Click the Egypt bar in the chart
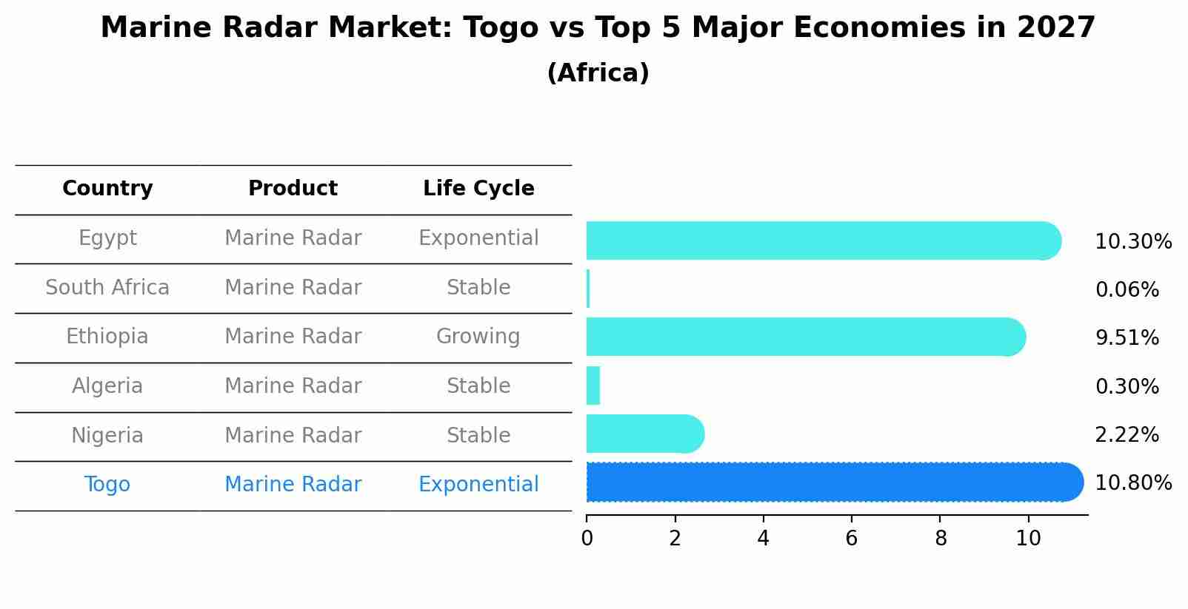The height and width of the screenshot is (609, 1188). click(822, 240)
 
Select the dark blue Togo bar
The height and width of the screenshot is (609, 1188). click(833, 482)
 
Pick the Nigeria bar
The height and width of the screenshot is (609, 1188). click(644, 434)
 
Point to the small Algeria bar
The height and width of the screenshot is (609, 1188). click(593, 386)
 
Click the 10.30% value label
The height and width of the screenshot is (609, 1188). click(1132, 242)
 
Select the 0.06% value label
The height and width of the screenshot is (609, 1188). click(1127, 290)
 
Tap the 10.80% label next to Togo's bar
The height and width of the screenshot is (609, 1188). click(1132, 483)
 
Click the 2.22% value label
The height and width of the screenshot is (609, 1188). click(1127, 435)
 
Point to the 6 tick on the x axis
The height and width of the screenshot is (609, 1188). click(851, 539)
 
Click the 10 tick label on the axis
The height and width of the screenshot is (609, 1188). click(1028, 539)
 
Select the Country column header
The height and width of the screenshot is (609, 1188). click(107, 189)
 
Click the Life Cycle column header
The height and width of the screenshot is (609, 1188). click(478, 189)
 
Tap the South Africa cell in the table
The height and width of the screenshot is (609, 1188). click(107, 288)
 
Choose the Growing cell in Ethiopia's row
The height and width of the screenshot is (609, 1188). click(478, 337)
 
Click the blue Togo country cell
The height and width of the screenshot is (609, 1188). click(107, 485)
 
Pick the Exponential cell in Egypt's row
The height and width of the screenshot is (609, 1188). click(478, 238)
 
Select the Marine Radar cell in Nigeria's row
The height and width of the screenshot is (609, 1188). click(293, 436)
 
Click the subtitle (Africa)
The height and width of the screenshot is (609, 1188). click(598, 73)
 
